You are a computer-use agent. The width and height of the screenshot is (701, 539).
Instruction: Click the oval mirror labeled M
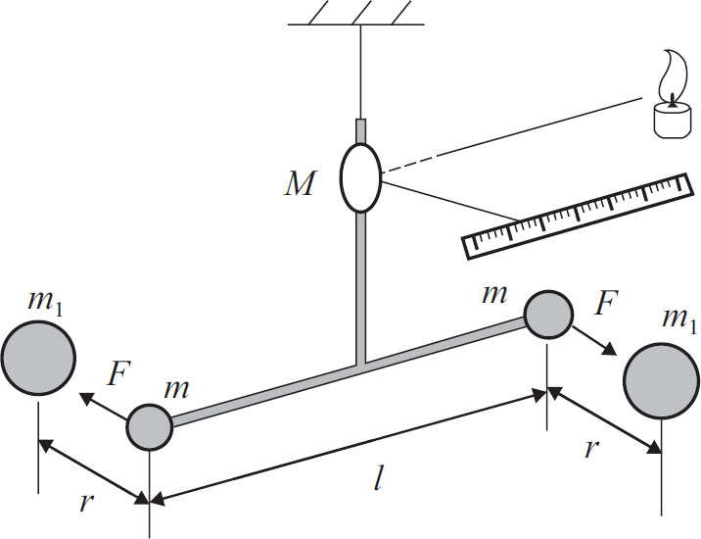pyautogui.click(x=360, y=177)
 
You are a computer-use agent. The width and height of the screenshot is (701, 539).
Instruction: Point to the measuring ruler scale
pyautogui.click(x=572, y=217)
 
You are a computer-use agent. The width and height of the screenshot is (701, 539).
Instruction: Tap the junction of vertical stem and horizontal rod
pyautogui.click(x=360, y=366)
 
